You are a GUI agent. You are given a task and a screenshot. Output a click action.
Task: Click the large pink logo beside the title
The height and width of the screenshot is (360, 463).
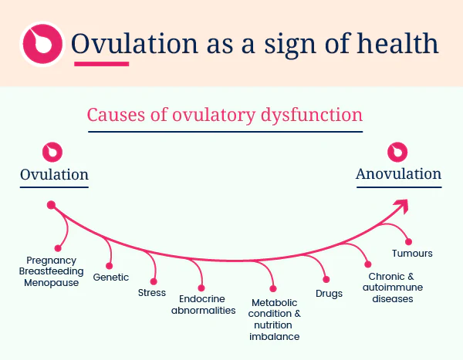click(x=42, y=44)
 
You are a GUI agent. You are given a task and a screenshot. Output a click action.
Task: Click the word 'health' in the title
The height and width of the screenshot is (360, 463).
click(x=397, y=44)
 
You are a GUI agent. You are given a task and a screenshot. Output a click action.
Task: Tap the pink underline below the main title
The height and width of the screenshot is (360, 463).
click(x=102, y=64)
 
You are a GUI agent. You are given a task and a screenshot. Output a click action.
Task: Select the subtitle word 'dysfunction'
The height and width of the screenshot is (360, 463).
click(x=312, y=115)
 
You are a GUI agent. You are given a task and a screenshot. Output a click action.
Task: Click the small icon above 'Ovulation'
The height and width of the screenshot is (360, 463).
click(x=52, y=153)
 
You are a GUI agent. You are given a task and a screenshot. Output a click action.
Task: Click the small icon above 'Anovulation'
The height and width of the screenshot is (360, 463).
click(x=397, y=152)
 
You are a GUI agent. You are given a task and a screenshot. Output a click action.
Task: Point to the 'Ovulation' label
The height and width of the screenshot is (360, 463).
click(x=54, y=175)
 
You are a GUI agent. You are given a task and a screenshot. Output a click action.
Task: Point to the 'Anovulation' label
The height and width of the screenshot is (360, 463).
click(x=399, y=174)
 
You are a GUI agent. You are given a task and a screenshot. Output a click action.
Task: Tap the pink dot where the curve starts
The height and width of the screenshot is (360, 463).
click(x=51, y=205)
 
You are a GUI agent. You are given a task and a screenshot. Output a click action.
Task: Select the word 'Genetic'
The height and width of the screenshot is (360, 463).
click(x=111, y=278)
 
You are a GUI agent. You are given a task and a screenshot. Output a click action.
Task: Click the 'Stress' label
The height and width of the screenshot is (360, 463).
click(x=152, y=293)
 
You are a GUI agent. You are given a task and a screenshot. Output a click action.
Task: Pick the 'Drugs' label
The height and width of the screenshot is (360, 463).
click(x=329, y=294)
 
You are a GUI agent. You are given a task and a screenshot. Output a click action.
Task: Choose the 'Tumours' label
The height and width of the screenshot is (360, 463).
click(x=412, y=254)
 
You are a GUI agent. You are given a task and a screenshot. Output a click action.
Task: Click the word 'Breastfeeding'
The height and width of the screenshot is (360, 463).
click(x=52, y=271)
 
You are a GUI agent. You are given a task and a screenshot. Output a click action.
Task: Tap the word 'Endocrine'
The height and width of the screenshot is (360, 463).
click(x=202, y=299)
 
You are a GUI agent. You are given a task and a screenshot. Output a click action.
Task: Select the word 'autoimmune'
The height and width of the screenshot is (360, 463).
click(x=393, y=288)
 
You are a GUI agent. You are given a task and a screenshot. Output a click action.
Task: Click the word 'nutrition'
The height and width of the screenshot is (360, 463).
click(x=273, y=325)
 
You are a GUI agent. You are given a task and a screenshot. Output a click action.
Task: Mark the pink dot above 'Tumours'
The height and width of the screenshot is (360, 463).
click(x=408, y=242)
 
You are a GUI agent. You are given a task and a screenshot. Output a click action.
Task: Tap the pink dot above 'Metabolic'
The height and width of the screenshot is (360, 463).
click(x=273, y=288)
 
